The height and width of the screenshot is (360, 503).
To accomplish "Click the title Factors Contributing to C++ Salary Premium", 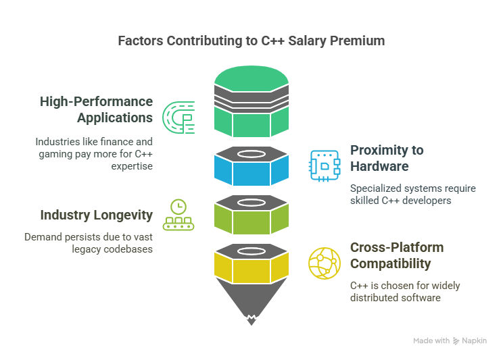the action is tap(251, 41).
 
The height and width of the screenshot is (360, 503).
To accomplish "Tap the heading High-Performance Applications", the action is tap(96, 109).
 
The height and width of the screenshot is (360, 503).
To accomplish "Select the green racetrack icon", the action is tap(178, 118).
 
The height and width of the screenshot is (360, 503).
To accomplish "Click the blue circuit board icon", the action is tap(325, 165).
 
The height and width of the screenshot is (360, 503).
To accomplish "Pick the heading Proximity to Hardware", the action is tap(387, 158).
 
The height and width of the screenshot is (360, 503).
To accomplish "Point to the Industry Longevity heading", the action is tap(96, 215).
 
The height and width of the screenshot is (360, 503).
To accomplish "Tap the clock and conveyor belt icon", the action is tap(178, 215).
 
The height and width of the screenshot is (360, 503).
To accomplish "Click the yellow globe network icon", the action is tap(325, 263).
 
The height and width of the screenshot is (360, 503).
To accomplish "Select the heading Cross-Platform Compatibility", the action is tap(397, 255).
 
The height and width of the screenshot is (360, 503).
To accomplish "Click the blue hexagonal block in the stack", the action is tap(251, 172).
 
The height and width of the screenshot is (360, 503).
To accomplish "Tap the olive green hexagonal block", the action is tap(251, 221).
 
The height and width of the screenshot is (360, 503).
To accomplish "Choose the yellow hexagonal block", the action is tap(251, 270).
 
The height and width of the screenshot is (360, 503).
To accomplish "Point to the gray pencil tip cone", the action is tap(251, 300).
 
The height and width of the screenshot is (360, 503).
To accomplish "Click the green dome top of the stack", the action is tap(251, 78).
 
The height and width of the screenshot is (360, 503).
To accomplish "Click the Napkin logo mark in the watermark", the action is tap(456, 341).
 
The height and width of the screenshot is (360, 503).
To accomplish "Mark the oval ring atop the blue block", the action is tap(251, 154).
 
